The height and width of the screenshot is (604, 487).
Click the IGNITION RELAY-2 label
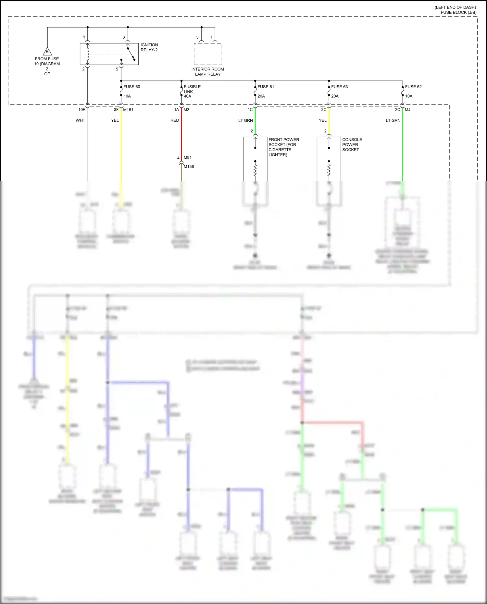pos(149,47)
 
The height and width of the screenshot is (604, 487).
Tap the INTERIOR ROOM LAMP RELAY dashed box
pos(208,54)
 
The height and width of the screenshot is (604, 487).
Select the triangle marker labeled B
pos(47,52)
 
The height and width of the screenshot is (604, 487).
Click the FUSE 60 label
pos(131,87)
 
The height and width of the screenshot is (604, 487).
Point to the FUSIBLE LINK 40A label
pos(192,92)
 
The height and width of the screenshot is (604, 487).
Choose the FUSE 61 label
pos(266,87)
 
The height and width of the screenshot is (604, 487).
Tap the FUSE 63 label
pos(339,87)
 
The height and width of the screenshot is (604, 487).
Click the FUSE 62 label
pos(413,87)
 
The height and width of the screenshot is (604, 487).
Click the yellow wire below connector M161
pos(121,146)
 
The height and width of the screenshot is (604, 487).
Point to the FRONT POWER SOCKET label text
pos(283,147)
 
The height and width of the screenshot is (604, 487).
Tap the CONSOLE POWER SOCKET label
pos(352,144)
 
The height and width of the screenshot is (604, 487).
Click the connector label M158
pos(189,166)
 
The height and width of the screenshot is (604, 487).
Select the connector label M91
pos(188,157)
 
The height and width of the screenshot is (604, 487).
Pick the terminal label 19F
pos(81,110)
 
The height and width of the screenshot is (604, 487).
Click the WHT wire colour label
pos(80,120)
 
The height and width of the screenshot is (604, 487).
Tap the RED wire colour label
pos(175,120)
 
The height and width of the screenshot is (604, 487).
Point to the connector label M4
pos(408,110)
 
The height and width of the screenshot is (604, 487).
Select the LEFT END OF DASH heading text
pos(455,7)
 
